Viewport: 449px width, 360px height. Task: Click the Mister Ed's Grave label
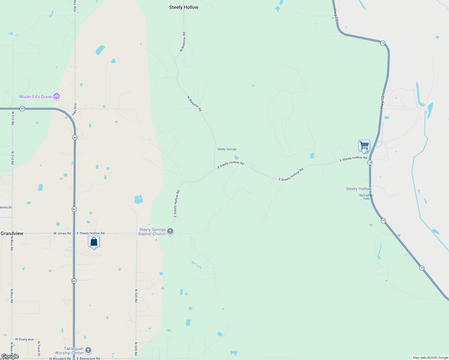[35, 97]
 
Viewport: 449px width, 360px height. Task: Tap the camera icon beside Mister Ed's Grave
[56, 96]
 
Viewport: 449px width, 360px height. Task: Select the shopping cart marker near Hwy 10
[364, 146]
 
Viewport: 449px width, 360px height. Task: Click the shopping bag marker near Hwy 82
[94, 242]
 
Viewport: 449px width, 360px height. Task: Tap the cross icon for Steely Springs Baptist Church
[170, 231]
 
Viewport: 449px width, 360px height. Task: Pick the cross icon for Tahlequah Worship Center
[88, 350]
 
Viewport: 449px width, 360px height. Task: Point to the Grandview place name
[12, 233]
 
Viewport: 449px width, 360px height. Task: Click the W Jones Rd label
[62, 233]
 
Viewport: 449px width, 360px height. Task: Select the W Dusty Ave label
[24, 339]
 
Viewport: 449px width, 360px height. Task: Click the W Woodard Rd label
[60, 358]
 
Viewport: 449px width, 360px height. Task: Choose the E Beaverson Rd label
[88, 358]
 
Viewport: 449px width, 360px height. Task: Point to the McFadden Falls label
[366, 197]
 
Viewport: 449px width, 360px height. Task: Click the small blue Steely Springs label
[227, 149]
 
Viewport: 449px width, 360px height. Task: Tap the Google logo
[10, 356]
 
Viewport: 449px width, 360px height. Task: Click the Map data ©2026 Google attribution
[430, 358]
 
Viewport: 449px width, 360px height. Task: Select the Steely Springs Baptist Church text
[152, 232]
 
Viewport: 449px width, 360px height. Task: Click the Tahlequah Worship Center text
[69, 351]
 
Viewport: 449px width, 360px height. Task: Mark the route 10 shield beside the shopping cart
[370, 162]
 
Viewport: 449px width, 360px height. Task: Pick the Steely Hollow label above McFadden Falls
[359, 189]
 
